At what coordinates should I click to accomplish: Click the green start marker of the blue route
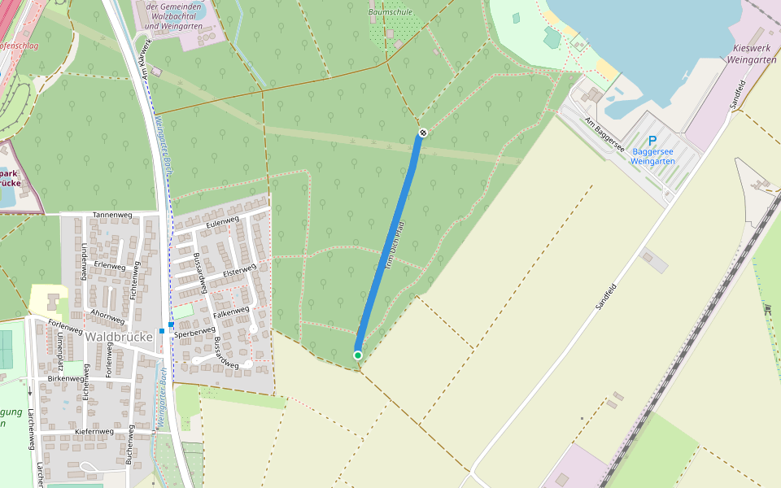(x=358, y=355)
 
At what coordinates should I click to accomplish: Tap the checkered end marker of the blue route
(x=423, y=133)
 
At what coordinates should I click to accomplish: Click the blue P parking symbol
(x=652, y=141)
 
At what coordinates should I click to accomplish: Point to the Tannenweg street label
(x=112, y=215)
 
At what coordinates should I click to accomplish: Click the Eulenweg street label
(x=222, y=221)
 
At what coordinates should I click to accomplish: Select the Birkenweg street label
(x=66, y=378)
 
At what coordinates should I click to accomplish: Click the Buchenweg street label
(x=129, y=444)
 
